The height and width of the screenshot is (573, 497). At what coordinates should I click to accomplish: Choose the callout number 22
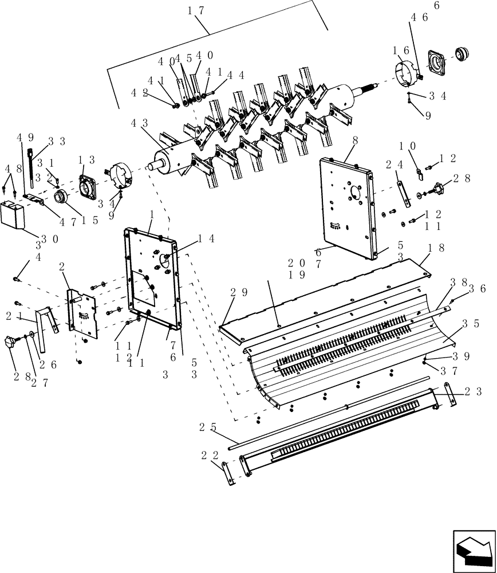[209, 455]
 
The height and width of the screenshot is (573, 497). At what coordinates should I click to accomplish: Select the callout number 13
[87, 160]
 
